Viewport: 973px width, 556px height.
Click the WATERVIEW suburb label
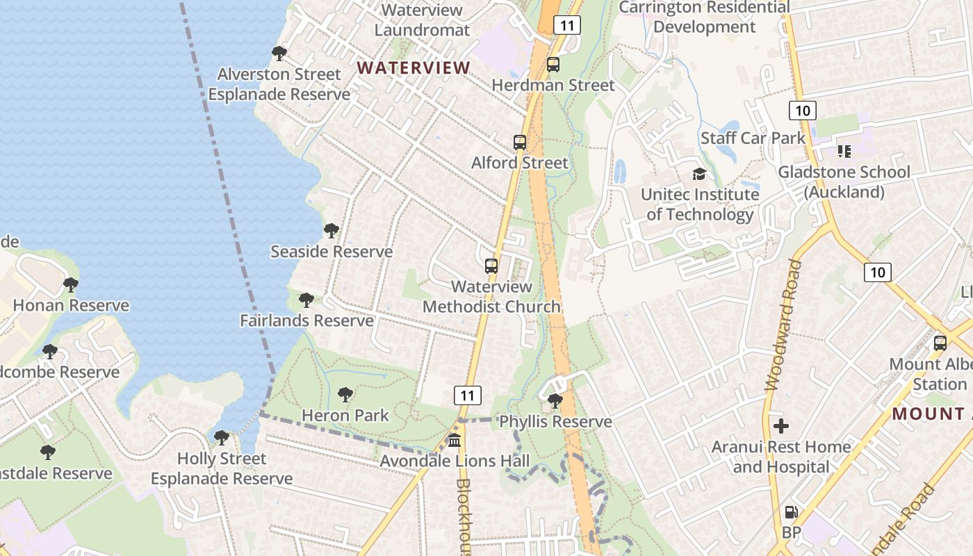point(414,67)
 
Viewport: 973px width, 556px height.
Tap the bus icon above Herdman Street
point(553,65)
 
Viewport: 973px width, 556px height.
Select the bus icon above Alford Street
point(520,142)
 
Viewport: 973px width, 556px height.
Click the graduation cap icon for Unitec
point(699,174)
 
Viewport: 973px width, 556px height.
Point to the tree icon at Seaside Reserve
point(332,231)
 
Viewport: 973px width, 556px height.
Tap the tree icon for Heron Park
point(345,395)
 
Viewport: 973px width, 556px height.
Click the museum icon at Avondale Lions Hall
point(455,441)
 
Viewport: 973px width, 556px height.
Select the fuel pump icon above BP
point(791,513)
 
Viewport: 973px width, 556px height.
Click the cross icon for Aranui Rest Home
point(781,425)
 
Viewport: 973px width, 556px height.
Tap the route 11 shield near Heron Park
point(468,396)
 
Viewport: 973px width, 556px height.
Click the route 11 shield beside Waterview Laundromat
point(567,26)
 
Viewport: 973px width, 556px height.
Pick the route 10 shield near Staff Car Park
point(802,110)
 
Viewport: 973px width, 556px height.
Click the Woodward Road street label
point(780,325)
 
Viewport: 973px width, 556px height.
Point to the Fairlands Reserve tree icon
point(306,300)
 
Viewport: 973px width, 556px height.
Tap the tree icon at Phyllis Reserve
point(555,401)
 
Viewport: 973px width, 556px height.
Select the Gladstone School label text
point(844,181)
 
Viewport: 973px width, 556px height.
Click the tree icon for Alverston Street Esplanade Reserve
point(279,54)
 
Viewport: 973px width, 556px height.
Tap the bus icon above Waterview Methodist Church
point(491,266)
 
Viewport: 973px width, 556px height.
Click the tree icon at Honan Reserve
point(70,284)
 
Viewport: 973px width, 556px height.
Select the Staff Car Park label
point(753,138)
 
